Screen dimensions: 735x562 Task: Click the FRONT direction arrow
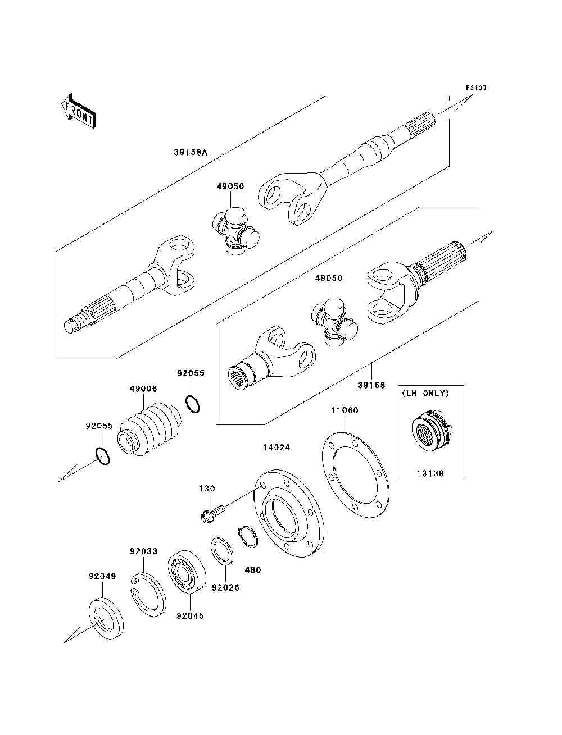78,111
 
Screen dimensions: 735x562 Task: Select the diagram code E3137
476,88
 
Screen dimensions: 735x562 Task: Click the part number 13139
430,473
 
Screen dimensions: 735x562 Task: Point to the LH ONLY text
425,393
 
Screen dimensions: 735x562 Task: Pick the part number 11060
344,410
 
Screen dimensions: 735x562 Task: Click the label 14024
277,448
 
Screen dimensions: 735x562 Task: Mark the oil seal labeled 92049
106,619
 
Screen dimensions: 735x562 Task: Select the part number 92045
190,615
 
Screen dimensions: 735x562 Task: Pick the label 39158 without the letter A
371,385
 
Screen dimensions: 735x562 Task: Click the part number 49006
143,389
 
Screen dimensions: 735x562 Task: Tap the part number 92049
102,576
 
